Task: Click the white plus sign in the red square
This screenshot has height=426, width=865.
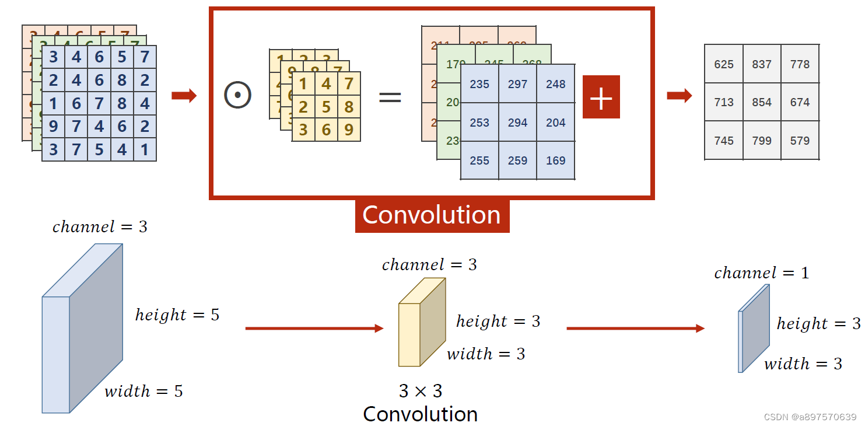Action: (601, 97)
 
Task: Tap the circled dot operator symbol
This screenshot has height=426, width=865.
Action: (237, 95)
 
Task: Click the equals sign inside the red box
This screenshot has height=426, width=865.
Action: (390, 96)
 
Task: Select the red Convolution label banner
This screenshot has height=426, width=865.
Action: (432, 215)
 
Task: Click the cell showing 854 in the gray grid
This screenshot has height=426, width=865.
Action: (762, 102)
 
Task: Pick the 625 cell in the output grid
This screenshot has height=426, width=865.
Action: (724, 64)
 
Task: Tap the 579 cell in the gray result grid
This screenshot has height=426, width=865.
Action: (800, 141)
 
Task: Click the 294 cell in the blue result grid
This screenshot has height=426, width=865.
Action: (517, 123)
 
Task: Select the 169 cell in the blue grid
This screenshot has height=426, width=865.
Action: (555, 160)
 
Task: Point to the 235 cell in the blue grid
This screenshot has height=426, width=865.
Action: (479, 85)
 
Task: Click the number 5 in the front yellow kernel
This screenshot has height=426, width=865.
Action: (326, 107)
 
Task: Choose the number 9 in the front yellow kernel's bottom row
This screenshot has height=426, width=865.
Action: (349, 130)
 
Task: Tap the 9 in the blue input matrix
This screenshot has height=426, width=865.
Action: (54, 127)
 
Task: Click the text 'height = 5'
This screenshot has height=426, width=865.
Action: (177, 315)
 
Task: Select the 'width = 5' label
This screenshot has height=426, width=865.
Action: (143, 391)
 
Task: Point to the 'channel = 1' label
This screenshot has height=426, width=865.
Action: (761, 273)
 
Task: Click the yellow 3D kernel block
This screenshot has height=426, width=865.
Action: (421, 323)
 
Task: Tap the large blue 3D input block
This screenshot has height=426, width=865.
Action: (82, 330)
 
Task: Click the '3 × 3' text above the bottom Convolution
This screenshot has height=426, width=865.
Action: (420, 390)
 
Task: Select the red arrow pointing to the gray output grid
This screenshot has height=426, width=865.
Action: (679, 96)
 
